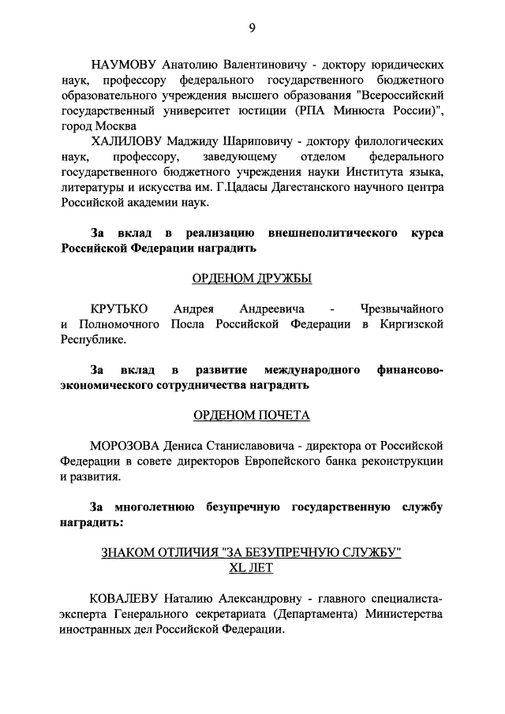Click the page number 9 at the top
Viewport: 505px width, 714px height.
click(x=252, y=28)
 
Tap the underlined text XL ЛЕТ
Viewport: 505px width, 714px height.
click(x=252, y=566)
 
